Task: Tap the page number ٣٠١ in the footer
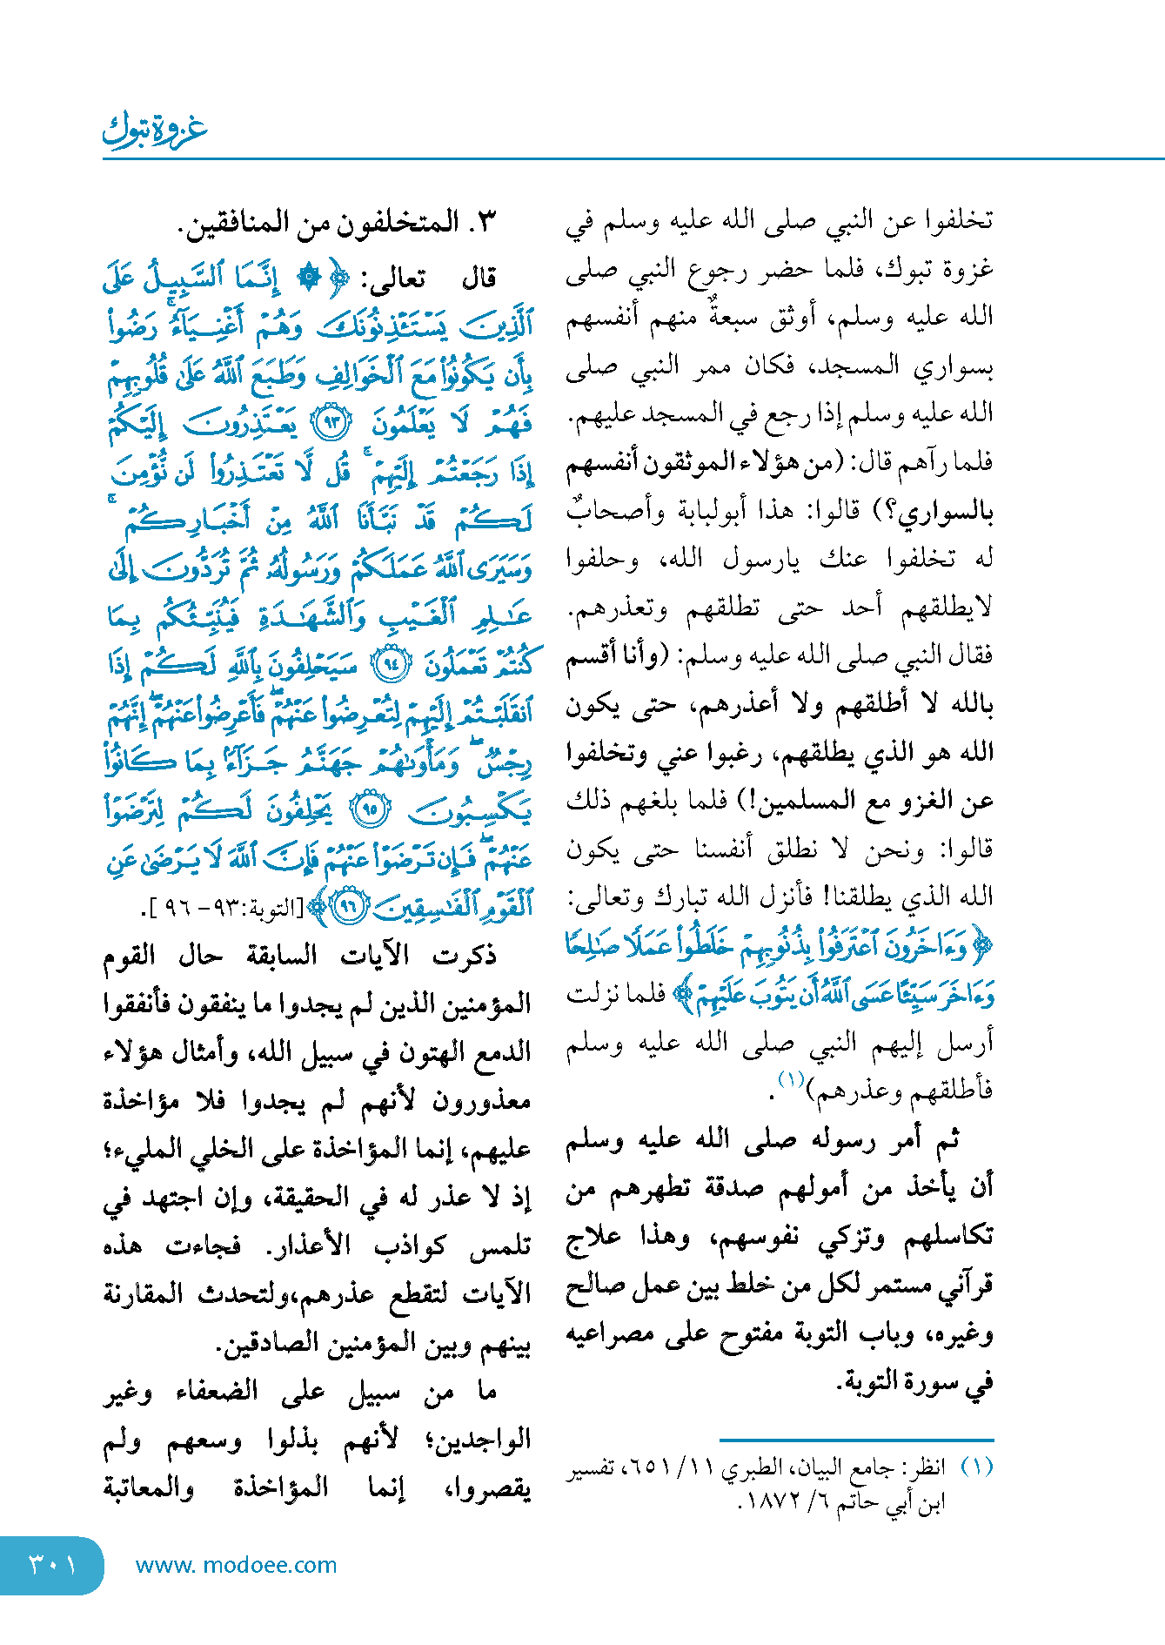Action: coord(51,1565)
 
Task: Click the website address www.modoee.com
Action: coord(236,1565)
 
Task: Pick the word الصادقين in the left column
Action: coord(271,1343)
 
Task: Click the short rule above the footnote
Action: coord(856,1440)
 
